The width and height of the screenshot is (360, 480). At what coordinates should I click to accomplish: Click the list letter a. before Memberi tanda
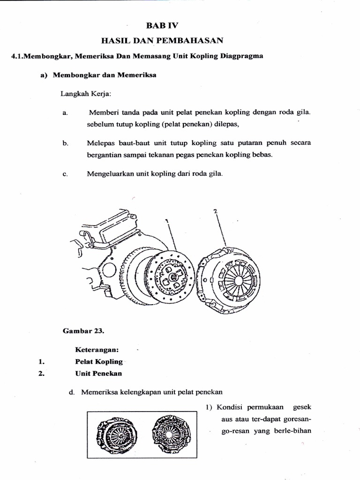click(65, 113)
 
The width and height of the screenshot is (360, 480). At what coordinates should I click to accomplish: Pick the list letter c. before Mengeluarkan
click(65, 174)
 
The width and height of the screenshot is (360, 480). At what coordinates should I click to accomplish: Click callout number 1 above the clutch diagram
click(167, 220)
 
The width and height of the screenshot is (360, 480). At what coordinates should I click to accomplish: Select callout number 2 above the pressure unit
click(215, 211)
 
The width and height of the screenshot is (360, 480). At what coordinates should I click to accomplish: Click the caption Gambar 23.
click(83, 330)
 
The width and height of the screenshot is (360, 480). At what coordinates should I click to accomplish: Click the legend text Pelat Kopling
click(99, 361)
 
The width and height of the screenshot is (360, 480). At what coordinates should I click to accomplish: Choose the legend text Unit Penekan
click(98, 374)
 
